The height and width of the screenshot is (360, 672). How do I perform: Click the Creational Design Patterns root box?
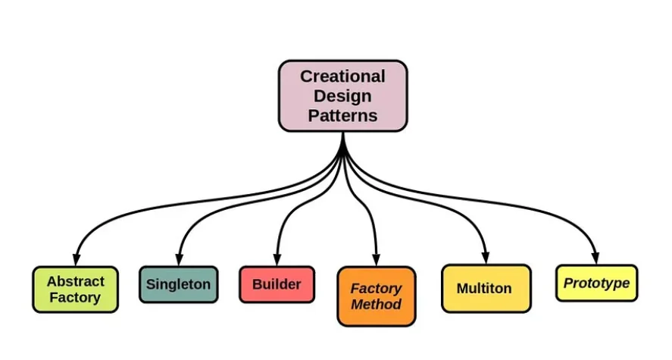coord(342,96)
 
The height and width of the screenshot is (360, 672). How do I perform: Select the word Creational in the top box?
coord(342,77)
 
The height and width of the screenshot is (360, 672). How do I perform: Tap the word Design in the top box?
coord(342,96)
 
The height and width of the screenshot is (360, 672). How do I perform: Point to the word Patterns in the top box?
coord(342,116)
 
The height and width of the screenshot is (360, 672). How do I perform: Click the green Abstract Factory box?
coord(75,290)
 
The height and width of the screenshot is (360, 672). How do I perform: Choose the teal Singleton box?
coord(178,285)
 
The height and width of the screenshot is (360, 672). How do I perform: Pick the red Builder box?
coord(277,285)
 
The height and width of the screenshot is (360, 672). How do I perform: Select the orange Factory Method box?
coord(376,296)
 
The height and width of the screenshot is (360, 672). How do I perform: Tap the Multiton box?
coord(485,289)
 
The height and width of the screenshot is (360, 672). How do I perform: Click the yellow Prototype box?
coord(596,283)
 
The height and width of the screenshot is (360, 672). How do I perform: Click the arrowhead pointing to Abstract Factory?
coord(76,260)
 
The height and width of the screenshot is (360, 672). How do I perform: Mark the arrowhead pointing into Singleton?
coord(179,260)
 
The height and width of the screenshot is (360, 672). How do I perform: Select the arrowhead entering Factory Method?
coord(377,260)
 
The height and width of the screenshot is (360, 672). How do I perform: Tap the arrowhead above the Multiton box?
coord(486,258)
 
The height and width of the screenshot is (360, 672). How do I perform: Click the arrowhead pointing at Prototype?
coord(596,258)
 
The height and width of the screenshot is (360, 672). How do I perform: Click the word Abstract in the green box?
coord(75,281)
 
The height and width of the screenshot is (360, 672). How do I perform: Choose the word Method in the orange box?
coord(376,305)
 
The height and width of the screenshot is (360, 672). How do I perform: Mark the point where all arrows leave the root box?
coord(343,135)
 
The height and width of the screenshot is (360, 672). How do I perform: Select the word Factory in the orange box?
coord(376,288)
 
